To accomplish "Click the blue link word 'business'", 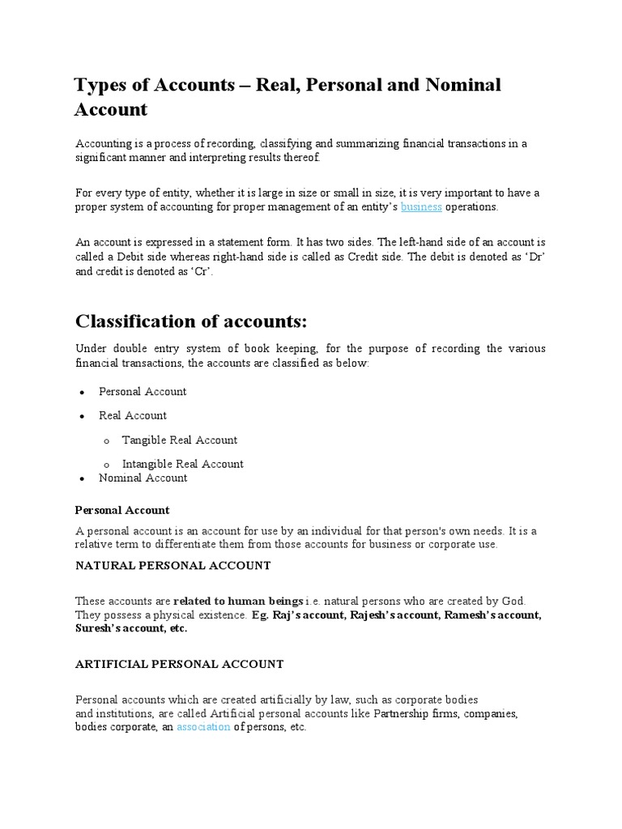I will coord(421,206).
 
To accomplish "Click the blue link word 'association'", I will coord(203,727).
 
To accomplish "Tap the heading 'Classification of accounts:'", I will coord(191,321).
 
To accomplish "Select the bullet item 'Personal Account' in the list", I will coord(143,392).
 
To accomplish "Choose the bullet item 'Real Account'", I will coord(133,415).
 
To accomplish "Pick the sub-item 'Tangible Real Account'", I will coord(180,440).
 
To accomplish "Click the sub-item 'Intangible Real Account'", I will coord(182,464).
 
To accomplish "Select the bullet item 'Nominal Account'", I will coord(143,478).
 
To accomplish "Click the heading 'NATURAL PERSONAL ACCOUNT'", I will coord(173,565).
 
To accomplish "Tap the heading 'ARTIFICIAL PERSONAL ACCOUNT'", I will coord(179,664).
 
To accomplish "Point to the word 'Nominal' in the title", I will coord(458,85).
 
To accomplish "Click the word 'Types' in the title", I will coord(102,85).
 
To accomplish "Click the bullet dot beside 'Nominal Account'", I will coord(83,478).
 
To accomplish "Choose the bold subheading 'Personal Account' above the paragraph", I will coord(122,510).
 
